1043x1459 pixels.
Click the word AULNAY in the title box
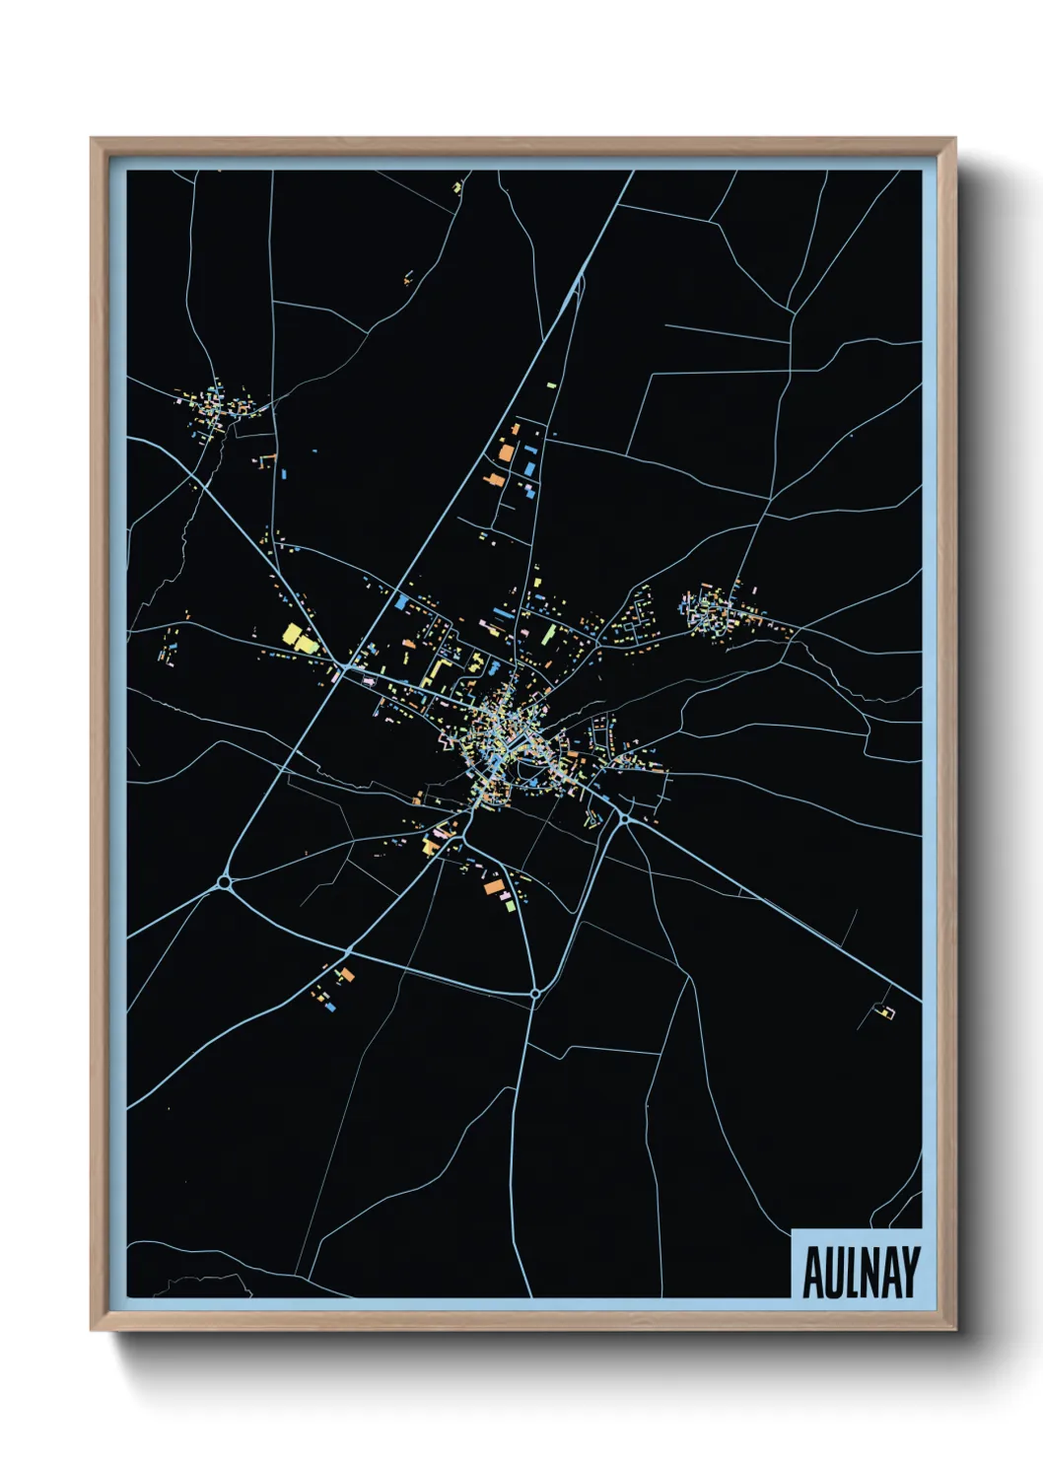pyautogui.click(x=861, y=1273)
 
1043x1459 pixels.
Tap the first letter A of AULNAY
pyautogui.click(x=813, y=1273)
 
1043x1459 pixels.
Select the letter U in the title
pyautogui.click(x=833, y=1273)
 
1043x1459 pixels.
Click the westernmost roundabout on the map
pyautogui.click(x=225, y=881)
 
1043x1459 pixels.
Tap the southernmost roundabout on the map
pyautogui.click(x=534, y=994)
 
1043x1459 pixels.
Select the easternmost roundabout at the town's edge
pyautogui.click(x=624, y=818)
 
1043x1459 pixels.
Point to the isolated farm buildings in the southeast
pyautogui.click(x=884, y=1011)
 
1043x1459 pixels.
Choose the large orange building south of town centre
pyautogui.click(x=493, y=886)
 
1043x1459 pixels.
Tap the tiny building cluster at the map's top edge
pyautogui.click(x=457, y=185)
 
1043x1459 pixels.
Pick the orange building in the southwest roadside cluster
pyautogui.click(x=346, y=975)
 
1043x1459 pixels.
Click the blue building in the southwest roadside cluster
pyautogui.click(x=330, y=1007)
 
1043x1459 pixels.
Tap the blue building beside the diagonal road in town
pyautogui.click(x=401, y=601)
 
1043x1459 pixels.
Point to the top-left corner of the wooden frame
pyautogui.click(x=92, y=139)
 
